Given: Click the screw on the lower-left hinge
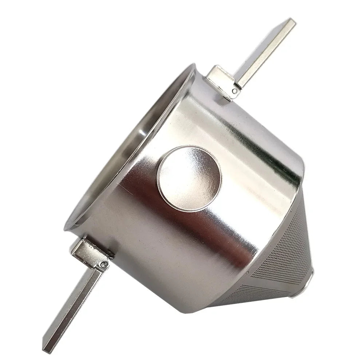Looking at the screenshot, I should point(105,264).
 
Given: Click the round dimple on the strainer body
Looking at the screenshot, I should point(189,178).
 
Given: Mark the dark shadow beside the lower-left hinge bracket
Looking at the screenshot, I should point(109,255).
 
